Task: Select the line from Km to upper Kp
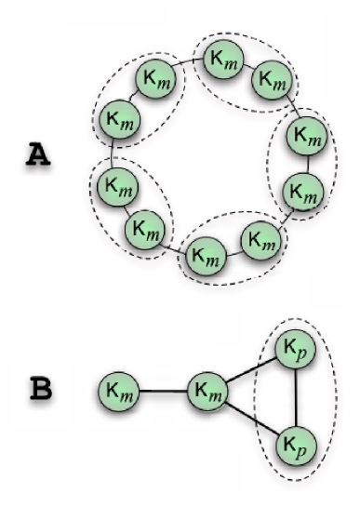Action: coord(253,372)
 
